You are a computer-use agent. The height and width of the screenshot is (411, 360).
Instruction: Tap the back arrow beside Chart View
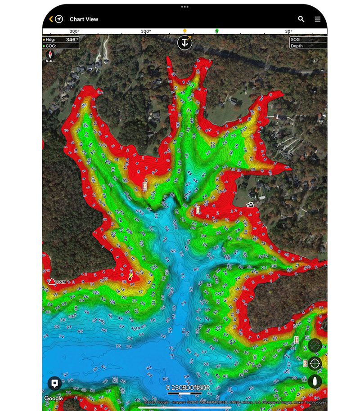pos(51,19)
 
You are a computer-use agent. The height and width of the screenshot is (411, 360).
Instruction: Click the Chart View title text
pos(84,19)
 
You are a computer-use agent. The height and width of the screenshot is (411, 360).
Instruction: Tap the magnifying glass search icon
pos(301,19)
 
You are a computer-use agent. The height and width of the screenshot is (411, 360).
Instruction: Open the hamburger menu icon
pos(318,19)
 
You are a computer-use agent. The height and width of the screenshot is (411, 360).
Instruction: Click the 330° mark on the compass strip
pos(145,31)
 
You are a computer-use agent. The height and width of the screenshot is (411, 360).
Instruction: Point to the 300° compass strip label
pos(74,31)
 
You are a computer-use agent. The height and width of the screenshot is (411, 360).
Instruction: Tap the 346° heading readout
pos(71,40)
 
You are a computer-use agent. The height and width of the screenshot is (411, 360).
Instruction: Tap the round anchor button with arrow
pos(184,43)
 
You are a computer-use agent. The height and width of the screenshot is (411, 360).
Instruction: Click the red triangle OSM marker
pos(52,281)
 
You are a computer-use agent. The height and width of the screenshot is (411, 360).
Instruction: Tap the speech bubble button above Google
pos(54,384)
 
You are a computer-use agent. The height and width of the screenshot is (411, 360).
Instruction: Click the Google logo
pos(54,398)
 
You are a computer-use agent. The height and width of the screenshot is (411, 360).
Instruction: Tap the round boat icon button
pos(315,381)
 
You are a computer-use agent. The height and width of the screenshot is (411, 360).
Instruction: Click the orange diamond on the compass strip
pos(184,31)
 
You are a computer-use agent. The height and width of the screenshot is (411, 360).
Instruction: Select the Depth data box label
pos(297,46)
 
